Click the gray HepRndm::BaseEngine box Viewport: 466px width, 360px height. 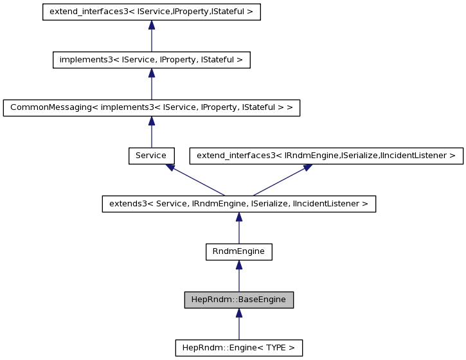click(x=238, y=300)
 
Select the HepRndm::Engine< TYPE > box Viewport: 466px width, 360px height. click(x=238, y=348)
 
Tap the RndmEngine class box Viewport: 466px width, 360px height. click(x=238, y=251)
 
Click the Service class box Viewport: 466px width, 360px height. click(x=151, y=156)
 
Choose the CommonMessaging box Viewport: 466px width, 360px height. click(x=151, y=107)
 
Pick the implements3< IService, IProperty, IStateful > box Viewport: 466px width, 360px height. click(x=151, y=60)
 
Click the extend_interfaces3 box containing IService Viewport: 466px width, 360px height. click(x=151, y=12)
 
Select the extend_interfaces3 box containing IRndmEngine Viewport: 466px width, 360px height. click(x=326, y=156)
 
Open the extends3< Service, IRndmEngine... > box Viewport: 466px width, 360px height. click(x=238, y=204)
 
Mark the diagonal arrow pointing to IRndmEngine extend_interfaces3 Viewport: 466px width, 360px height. click(x=280, y=181)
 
